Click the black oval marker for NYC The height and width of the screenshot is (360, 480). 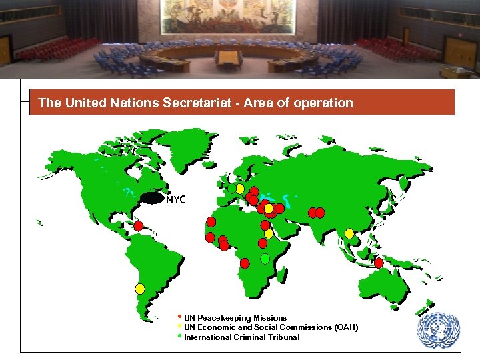point(153,198)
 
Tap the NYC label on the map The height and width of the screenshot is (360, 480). point(176,199)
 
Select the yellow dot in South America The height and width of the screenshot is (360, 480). point(140,289)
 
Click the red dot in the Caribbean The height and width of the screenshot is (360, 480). point(139,226)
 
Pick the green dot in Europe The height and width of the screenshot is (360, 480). point(231,189)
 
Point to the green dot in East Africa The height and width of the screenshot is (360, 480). point(265,258)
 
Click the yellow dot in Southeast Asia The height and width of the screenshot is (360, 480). point(349,233)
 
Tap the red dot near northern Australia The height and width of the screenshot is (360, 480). point(379,263)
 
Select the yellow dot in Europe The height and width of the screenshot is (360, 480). point(239,189)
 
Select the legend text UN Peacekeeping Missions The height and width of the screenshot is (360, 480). point(235,318)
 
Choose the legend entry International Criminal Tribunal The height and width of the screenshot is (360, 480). point(241,337)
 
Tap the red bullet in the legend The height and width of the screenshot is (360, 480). point(180,316)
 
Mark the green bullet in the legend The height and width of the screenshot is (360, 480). point(180,335)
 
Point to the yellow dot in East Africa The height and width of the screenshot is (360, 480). point(268,233)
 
